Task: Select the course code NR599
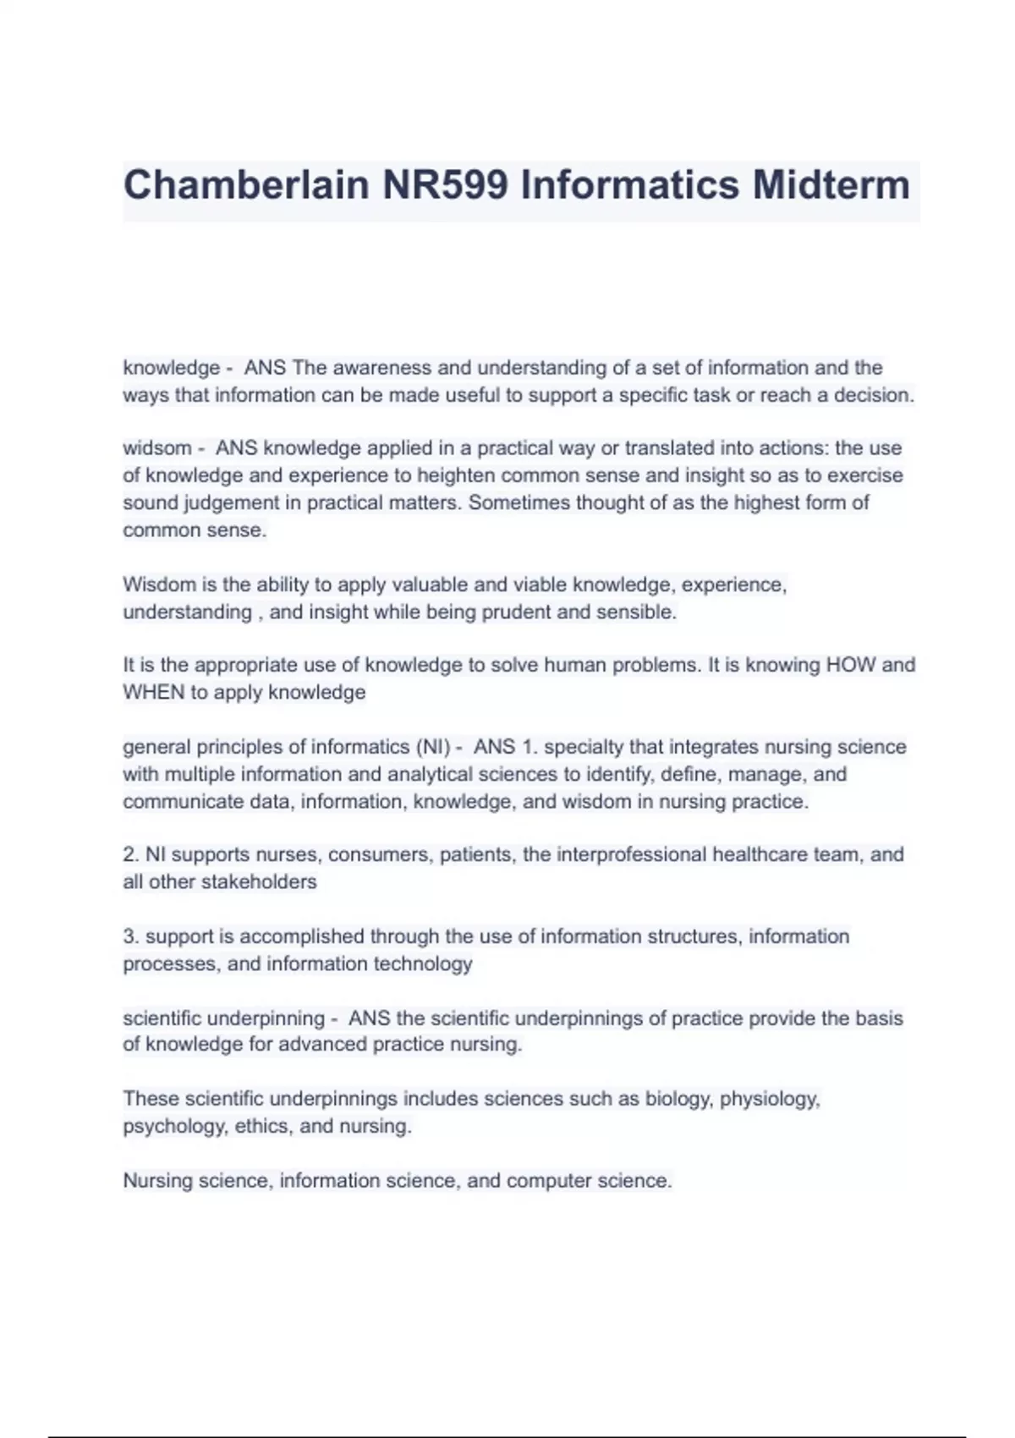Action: pyautogui.click(x=445, y=185)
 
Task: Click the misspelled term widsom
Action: pyautogui.click(x=157, y=448)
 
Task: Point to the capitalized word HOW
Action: pyautogui.click(x=851, y=665)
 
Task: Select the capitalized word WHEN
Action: pyautogui.click(x=153, y=692)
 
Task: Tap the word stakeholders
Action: pyautogui.click(x=263, y=881)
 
